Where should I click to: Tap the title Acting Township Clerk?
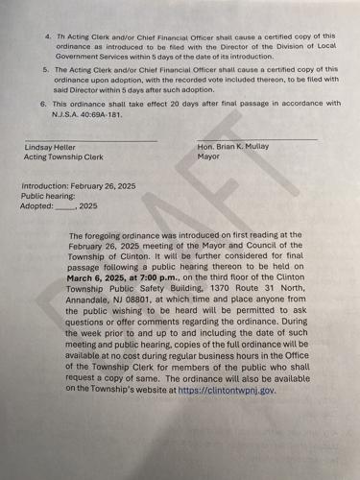click(x=64, y=156)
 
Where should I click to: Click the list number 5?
click(x=47, y=69)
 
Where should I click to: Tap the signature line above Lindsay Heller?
click(x=90, y=139)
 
